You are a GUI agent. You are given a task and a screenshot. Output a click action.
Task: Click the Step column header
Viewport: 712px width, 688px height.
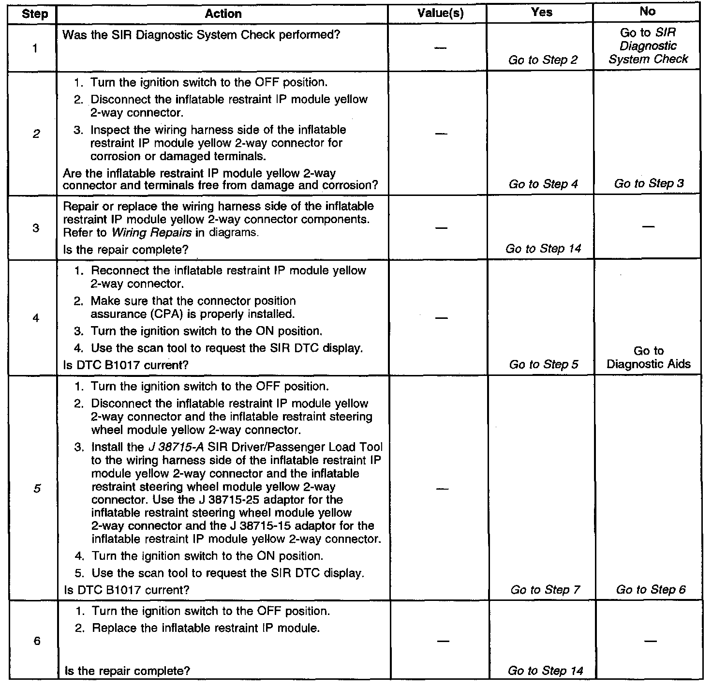coord(35,14)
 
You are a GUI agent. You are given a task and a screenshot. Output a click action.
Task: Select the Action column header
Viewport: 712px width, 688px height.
coord(223,14)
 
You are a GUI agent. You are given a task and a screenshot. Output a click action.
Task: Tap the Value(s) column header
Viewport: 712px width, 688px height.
coord(440,14)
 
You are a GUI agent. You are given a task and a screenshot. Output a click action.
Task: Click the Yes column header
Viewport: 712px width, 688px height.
coord(541,13)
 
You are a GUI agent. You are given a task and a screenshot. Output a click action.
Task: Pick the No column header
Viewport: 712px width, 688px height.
coord(647,12)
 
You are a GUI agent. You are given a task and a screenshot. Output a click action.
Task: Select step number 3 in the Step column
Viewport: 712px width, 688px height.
coord(36,227)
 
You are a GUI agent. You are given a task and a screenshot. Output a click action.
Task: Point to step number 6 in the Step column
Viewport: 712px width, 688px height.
coord(36,642)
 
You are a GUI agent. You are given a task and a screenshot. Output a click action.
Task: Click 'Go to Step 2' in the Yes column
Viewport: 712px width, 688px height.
coord(543,60)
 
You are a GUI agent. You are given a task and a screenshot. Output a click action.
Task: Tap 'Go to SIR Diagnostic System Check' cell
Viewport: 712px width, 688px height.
coord(648,46)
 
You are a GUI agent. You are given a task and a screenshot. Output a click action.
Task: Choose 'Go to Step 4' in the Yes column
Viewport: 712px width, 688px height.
coord(543,184)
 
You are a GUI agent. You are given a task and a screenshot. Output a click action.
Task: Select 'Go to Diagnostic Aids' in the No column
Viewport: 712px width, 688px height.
coord(649,358)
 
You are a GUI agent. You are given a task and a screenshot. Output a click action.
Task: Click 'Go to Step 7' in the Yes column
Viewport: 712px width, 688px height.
coord(545,590)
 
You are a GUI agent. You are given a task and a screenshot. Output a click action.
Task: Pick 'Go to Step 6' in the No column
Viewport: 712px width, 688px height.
coord(651,590)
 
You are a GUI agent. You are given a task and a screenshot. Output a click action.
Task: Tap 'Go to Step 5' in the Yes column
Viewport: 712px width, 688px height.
coord(544,364)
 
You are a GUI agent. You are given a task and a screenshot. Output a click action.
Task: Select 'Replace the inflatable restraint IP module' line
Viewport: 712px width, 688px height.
coord(206,628)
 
